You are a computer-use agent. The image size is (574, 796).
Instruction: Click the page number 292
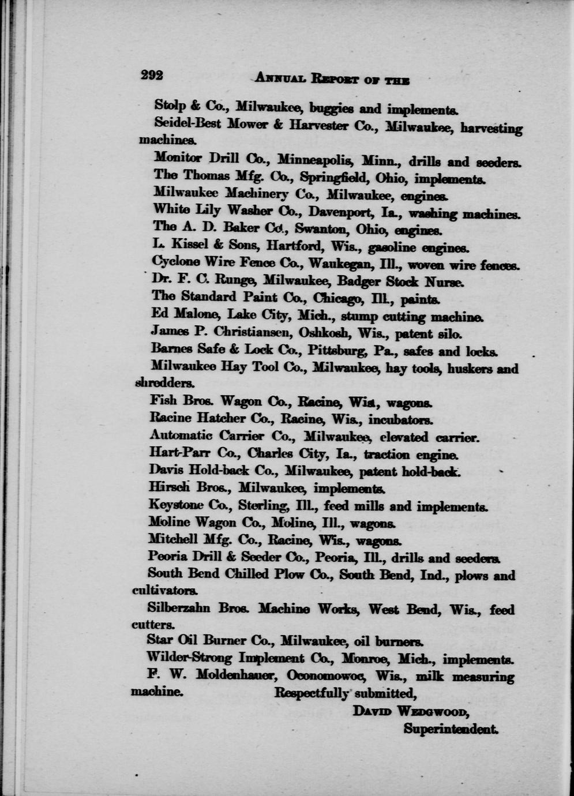(152, 75)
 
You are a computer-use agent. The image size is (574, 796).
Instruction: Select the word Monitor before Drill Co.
(178, 157)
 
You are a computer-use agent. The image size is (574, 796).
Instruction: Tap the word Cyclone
(177, 262)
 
